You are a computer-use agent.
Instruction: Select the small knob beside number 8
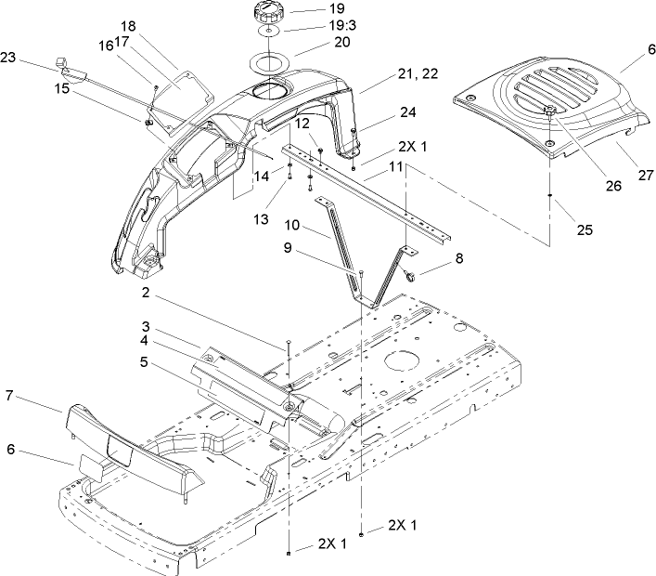(408, 275)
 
